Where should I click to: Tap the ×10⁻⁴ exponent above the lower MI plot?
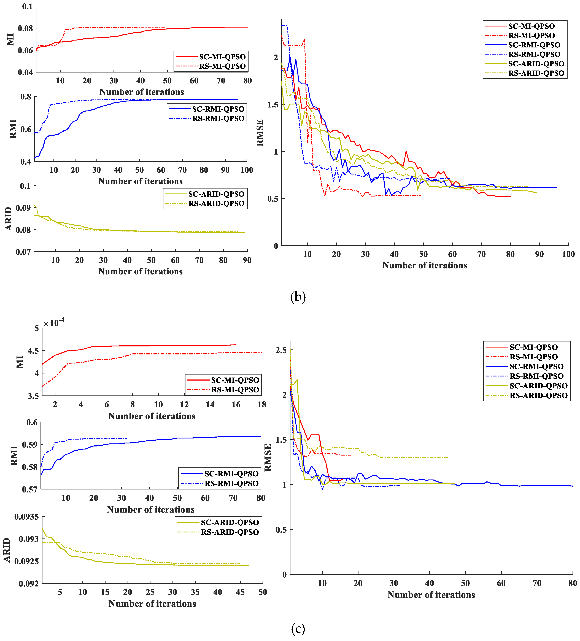click(x=54, y=323)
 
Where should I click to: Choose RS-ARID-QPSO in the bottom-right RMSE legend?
click(x=538, y=395)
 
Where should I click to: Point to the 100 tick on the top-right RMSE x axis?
click(x=568, y=254)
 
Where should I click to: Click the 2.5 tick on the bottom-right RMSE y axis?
click(x=281, y=350)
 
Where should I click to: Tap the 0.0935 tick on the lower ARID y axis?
click(x=26, y=517)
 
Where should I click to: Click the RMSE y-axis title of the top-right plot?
click(x=260, y=133)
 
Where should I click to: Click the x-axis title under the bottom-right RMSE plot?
click(x=431, y=595)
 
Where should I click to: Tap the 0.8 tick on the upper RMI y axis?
click(x=26, y=97)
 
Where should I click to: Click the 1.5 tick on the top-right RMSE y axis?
click(x=273, y=105)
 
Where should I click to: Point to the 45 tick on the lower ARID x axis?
click(x=240, y=592)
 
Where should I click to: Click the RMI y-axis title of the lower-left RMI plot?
click(x=14, y=456)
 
